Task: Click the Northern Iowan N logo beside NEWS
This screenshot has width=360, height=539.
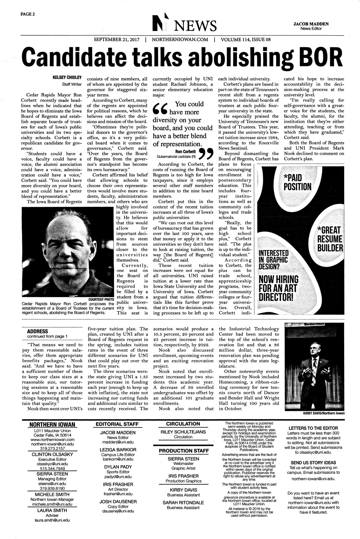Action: (x=161, y=23)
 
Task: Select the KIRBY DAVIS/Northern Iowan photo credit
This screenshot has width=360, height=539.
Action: (x=323, y=413)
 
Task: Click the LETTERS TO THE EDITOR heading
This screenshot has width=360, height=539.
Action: (x=313, y=428)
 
